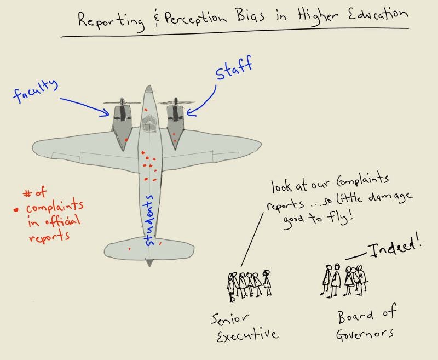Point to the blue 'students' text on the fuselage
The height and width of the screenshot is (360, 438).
(150, 220)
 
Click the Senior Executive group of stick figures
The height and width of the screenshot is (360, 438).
(249, 284)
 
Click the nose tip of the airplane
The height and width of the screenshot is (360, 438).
(148, 88)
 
